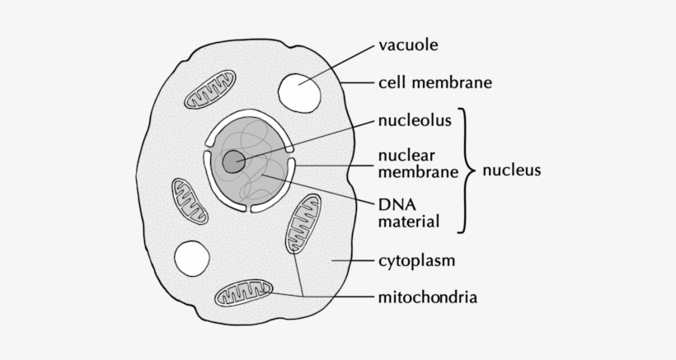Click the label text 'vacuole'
(408, 44)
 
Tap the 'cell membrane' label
(435, 82)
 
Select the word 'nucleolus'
(415, 120)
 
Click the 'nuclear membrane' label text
(418, 163)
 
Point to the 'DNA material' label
(409, 213)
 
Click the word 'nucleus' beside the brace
(511, 170)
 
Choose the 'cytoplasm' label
(416, 261)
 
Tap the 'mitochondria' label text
(428, 297)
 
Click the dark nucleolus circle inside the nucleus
(233, 162)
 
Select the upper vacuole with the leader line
(299, 93)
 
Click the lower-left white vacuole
(192, 259)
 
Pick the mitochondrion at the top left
(210, 89)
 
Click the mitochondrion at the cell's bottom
(243, 292)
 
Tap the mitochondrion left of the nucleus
(190, 201)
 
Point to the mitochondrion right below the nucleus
(303, 223)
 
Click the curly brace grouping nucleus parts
(467, 171)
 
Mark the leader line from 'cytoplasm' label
(352, 260)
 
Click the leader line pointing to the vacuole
(336, 64)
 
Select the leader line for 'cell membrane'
(358, 82)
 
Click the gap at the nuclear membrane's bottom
(249, 209)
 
